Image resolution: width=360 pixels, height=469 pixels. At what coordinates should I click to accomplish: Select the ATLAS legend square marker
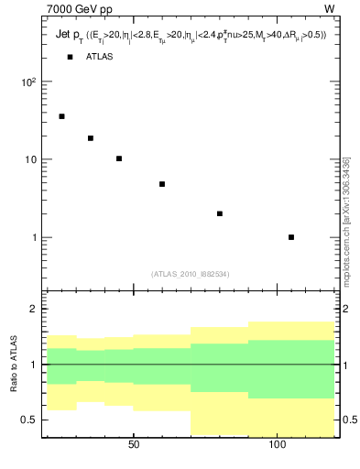coord(70,57)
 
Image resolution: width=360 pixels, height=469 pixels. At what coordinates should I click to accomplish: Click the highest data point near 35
coord(61,116)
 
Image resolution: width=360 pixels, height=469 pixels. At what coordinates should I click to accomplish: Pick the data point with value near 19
coord(91,138)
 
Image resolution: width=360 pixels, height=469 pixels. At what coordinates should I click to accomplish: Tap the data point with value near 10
coord(119,158)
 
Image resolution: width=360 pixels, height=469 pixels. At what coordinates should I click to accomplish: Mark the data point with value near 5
coord(162,184)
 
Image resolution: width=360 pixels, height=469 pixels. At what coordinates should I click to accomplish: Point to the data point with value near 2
coord(220,213)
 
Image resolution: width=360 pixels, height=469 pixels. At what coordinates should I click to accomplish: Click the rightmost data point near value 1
coord(291,237)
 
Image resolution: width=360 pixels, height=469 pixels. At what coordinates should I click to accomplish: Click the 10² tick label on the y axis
coord(27,82)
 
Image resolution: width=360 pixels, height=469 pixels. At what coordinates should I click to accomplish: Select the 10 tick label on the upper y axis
coord(30,159)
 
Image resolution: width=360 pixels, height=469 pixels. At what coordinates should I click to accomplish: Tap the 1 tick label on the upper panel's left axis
coord(34,238)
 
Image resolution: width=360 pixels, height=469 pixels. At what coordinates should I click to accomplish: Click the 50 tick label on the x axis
coord(134,446)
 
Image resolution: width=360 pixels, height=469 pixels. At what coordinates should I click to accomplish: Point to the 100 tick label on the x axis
coord(278,446)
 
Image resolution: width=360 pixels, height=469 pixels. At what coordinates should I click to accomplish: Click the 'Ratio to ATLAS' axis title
coord(13,365)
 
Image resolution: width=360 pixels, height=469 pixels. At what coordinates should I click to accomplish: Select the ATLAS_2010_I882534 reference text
coord(190,274)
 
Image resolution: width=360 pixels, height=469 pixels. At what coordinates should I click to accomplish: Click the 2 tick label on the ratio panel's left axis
coord(34,309)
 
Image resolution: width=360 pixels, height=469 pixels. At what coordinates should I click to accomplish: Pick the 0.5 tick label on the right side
coord(349,420)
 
